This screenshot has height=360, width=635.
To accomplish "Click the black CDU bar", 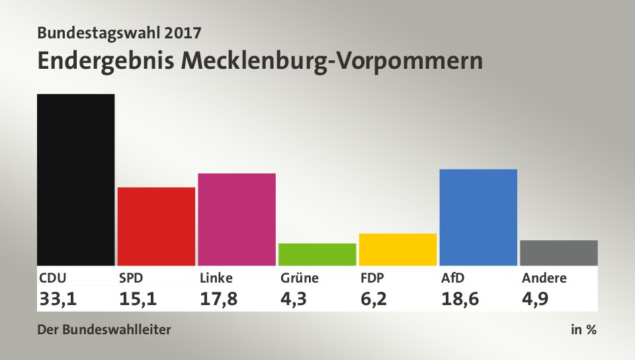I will [76, 179].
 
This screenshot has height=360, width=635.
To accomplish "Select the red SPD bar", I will [156, 226].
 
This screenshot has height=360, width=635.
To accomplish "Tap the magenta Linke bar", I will [237, 219].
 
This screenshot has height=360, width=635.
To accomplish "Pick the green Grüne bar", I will [317, 254].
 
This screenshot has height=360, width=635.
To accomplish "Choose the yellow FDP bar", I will [398, 249].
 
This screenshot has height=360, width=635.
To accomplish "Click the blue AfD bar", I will [478, 217].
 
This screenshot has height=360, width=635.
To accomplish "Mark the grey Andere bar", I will [559, 253].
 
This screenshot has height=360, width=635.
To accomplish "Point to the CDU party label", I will [52, 278].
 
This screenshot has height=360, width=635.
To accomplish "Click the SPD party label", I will [132, 278].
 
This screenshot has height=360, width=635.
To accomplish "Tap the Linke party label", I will [216, 278].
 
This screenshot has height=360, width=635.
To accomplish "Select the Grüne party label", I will [299, 278].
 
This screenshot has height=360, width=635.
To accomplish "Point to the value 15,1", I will [138, 298].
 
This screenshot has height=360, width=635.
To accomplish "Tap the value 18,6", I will [460, 298].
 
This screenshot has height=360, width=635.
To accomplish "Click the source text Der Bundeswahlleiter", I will [105, 330].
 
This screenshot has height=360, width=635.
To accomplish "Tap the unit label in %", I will [583, 330].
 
